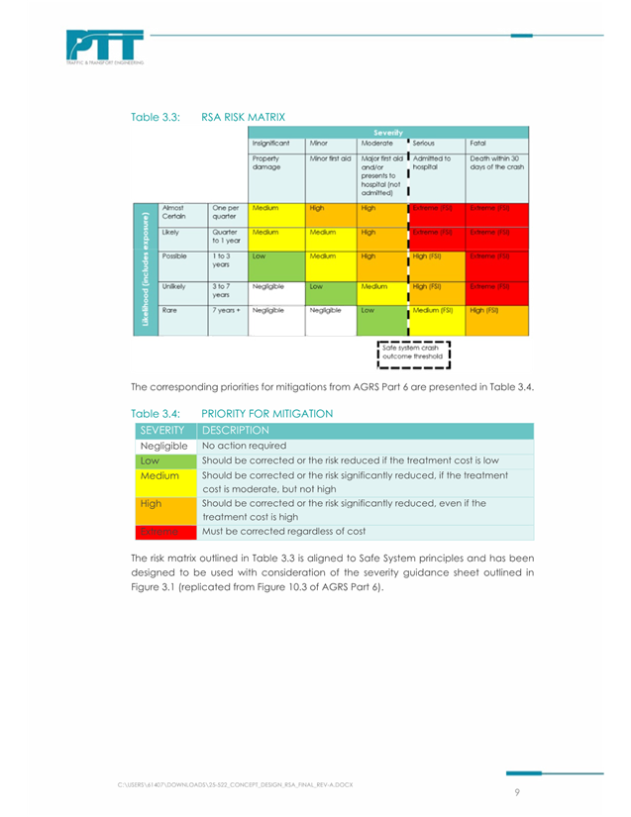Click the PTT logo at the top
105,47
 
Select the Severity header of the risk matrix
387,132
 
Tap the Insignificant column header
270,144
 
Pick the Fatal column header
478,144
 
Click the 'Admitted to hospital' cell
432,162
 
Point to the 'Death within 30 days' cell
496,162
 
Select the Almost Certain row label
174,212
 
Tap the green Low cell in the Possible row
275,260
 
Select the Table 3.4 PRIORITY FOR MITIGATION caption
232,413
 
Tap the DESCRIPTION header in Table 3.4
236,431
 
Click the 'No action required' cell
244,446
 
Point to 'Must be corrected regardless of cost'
283,531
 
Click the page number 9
517,792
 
